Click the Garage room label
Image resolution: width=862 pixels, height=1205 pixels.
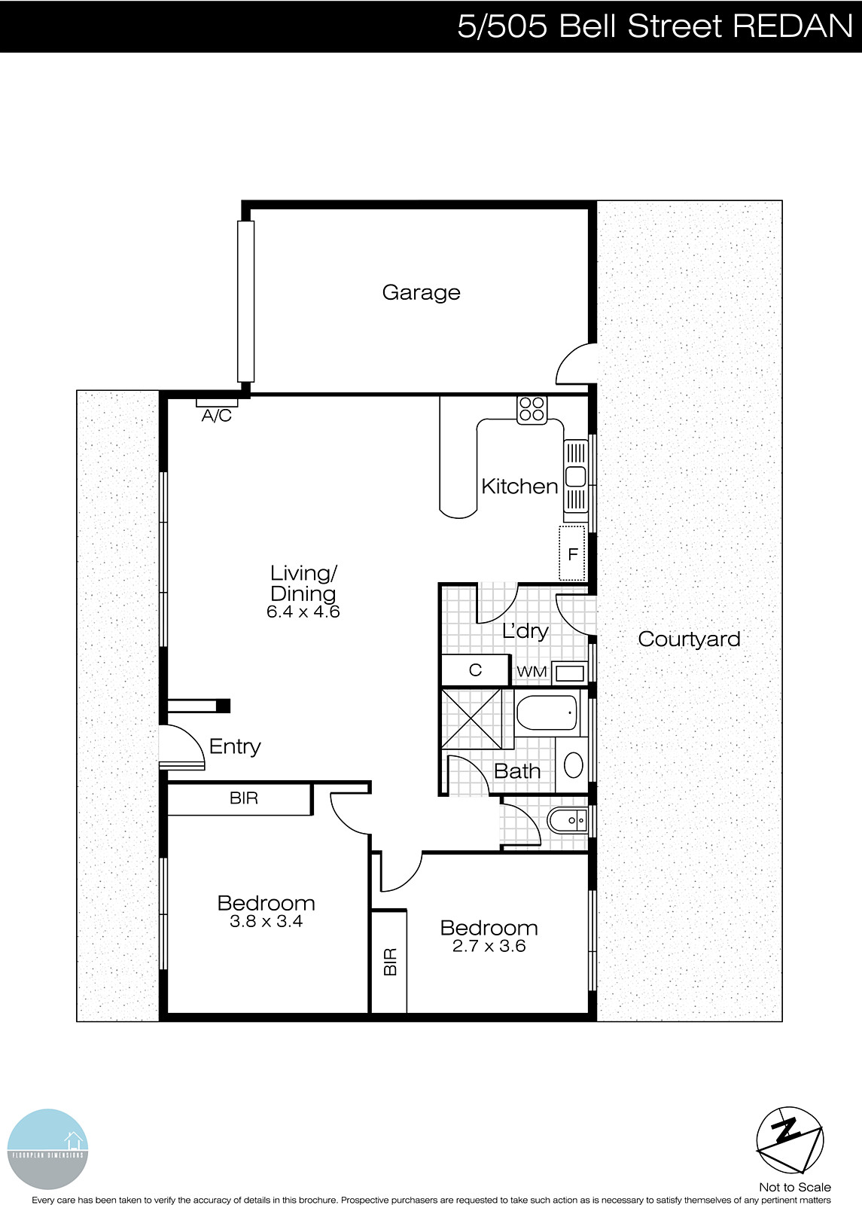pyautogui.click(x=421, y=292)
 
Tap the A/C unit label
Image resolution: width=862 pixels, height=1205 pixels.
pyautogui.click(x=216, y=416)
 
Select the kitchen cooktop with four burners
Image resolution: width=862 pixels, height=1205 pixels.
pyautogui.click(x=532, y=409)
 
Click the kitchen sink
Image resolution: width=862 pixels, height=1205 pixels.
pyautogui.click(x=576, y=477)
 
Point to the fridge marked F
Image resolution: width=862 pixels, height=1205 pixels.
pyautogui.click(x=572, y=554)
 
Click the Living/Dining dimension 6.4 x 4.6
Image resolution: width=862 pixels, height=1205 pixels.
pyautogui.click(x=303, y=612)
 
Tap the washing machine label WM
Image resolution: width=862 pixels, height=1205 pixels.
pyautogui.click(x=532, y=671)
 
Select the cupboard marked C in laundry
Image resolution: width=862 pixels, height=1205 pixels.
pyautogui.click(x=475, y=670)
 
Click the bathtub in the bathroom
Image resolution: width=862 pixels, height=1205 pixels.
pyautogui.click(x=547, y=712)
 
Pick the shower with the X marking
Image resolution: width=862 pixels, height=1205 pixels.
pyautogui.click(x=471, y=718)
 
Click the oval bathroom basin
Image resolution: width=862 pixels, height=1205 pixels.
pyautogui.click(x=574, y=765)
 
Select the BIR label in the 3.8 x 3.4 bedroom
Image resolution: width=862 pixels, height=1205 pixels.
pyautogui.click(x=244, y=798)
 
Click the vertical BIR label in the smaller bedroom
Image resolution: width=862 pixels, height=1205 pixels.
pyautogui.click(x=390, y=962)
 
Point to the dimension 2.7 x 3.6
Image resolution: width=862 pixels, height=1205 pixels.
pyautogui.click(x=489, y=946)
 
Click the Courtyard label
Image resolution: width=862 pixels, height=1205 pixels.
pyautogui.click(x=689, y=639)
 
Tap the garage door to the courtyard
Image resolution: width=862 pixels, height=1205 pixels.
pyautogui.click(x=575, y=365)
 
